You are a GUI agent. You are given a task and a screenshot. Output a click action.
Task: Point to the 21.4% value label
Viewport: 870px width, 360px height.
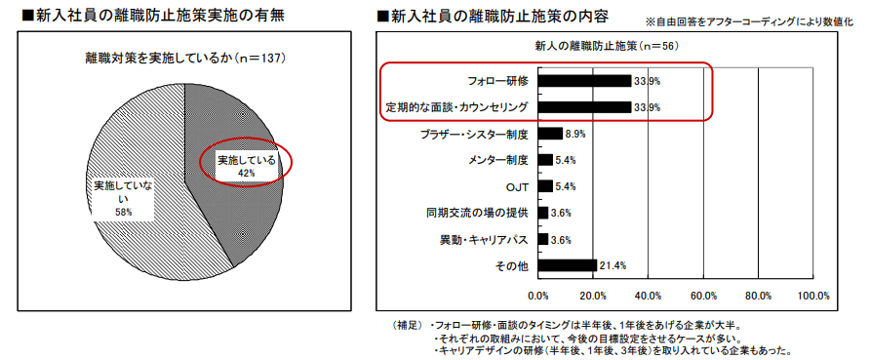point(613,265)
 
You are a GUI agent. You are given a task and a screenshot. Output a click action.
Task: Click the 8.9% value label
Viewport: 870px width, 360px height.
point(574,134)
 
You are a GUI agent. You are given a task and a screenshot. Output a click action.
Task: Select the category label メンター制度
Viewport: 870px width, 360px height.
point(498,160)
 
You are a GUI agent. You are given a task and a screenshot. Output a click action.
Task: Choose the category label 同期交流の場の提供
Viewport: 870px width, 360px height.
point(477,213)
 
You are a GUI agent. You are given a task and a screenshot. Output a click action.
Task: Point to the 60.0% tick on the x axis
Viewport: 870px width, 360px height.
point(703,295)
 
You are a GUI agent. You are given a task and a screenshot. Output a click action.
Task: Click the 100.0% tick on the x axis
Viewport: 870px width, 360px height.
point(813,295)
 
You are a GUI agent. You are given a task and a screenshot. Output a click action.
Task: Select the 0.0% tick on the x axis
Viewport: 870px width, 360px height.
point(538,295)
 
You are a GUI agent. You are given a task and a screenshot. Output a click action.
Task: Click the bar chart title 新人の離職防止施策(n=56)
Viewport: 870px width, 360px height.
point(606,46)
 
